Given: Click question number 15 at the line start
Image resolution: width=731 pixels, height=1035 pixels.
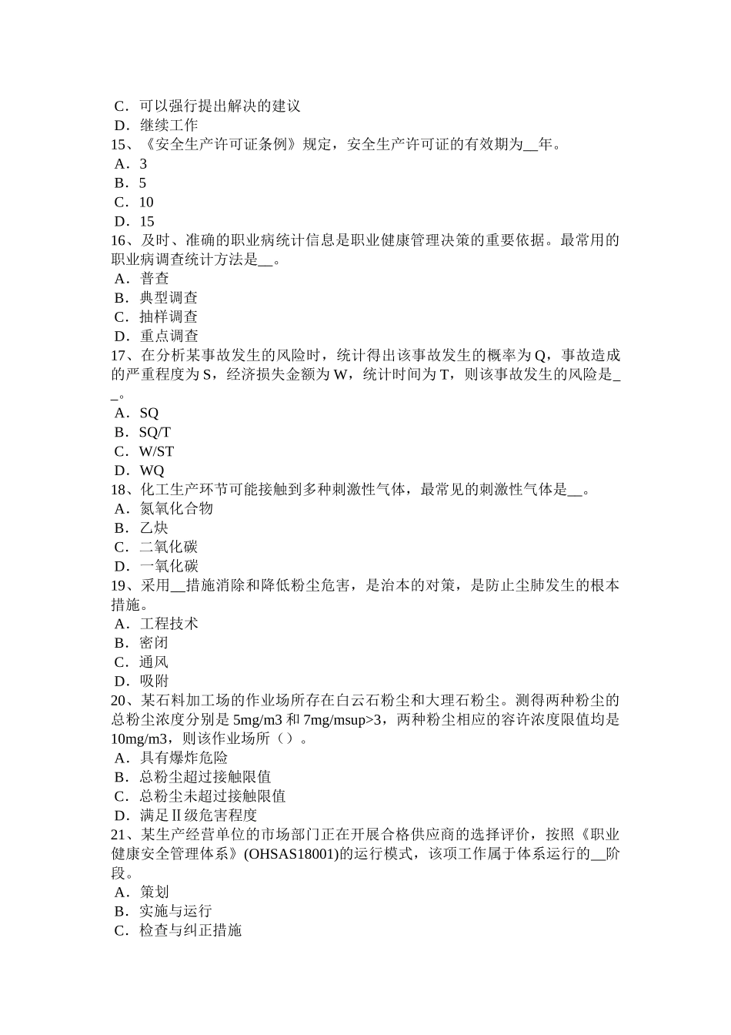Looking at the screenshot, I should coord(122,145).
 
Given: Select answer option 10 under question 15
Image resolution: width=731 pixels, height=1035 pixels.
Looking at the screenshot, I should coord(146,203).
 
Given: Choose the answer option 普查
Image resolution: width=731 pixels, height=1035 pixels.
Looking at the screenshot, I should coord(154,279).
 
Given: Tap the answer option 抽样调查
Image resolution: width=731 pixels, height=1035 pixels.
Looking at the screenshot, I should coord(169,317).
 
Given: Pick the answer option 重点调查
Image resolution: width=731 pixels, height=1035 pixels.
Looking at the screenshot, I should coord(169,337).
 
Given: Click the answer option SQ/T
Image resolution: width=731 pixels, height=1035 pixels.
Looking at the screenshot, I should coord(155,433).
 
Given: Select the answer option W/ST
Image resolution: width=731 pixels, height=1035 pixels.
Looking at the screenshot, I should coord(156,452).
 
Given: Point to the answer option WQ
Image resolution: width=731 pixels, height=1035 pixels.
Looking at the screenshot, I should coord(152,471).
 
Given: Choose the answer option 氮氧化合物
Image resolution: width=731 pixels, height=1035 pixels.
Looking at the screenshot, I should coord(176,509).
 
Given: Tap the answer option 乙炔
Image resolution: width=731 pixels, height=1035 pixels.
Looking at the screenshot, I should coord(154,528).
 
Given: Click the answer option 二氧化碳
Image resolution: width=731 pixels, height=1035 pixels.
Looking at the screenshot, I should coord(169,548).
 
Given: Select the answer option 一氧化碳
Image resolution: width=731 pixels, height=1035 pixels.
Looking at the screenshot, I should coord(169,567).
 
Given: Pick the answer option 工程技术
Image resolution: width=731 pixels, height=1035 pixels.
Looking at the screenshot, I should coord(169,624).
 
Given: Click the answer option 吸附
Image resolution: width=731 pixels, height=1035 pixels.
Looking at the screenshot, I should coord(154,682).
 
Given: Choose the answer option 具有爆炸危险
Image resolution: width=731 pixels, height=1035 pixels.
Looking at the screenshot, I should coord(183,759).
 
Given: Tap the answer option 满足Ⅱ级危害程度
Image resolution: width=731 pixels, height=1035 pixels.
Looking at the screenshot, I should coord(198,816).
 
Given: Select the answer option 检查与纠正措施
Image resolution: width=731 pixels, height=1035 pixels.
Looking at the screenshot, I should coord(191,930).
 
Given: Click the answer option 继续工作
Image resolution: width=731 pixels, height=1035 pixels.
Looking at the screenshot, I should coord(169,126).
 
